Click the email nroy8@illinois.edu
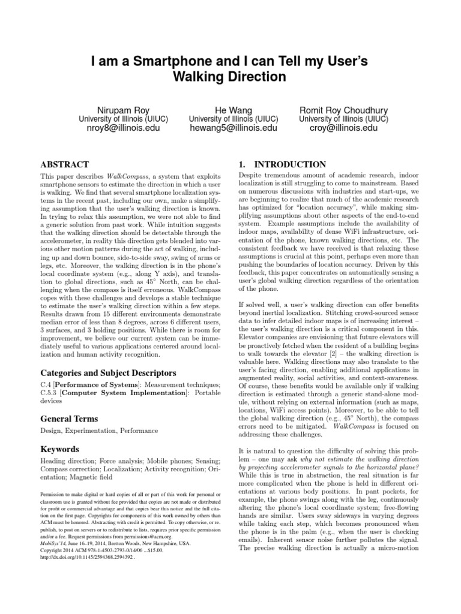(x=120, y=128)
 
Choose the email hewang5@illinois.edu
(x=234, y=128)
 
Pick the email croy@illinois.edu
(x=344, y=128)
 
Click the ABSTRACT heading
(x=64, y=164)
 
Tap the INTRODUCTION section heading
(x=291, y=164)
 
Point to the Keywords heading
(x=59, y=449)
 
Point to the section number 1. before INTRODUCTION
(x=243, y=164)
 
